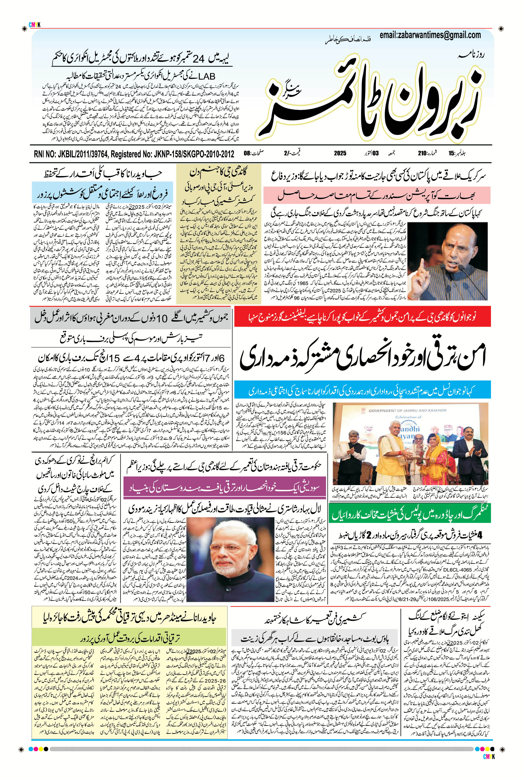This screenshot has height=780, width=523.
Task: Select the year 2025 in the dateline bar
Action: [x=340, y=154]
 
